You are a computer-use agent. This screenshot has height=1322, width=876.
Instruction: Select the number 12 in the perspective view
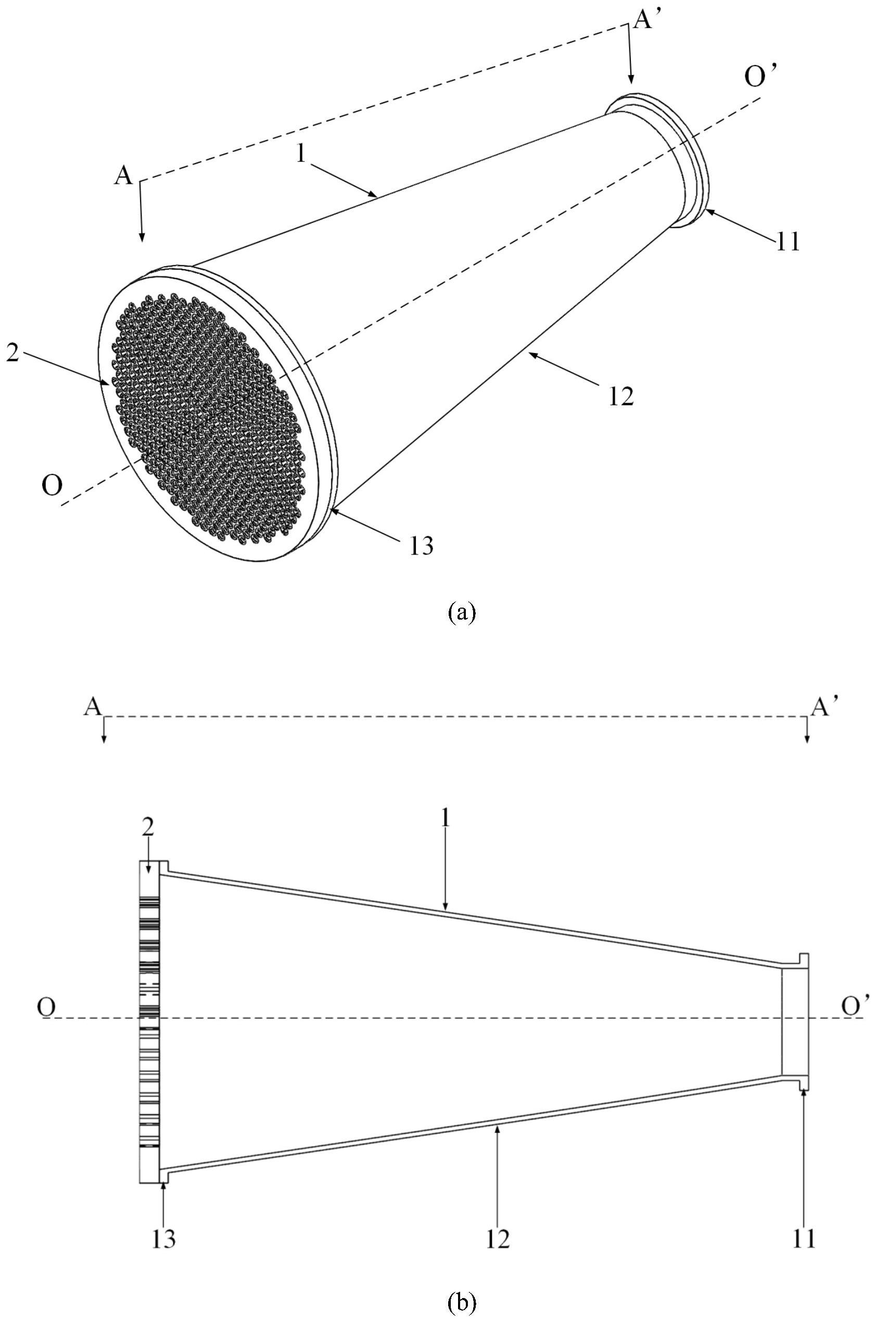[x=621, y=396]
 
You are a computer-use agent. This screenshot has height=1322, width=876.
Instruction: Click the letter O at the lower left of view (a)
[x=52, y=487]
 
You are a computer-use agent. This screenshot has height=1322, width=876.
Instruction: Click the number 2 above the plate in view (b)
[x=147, y=828]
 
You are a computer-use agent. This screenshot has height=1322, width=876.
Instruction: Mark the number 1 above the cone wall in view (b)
[x=445, y=828]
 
